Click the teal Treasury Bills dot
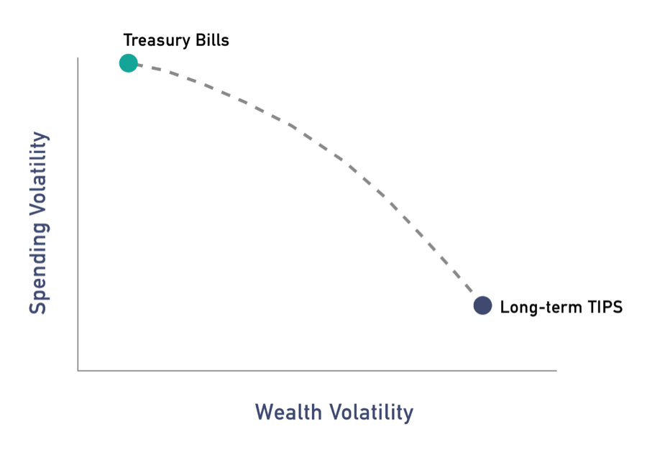129,63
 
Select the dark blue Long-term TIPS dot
483,305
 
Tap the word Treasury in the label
157,41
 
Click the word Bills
213,40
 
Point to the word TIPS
605,307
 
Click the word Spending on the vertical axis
40,269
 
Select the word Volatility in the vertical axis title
40,174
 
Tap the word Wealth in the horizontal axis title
288,412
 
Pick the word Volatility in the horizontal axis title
372,413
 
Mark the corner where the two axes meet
78,370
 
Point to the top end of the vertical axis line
78,58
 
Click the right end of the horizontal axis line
556,370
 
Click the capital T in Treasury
128,40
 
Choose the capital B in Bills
201,40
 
